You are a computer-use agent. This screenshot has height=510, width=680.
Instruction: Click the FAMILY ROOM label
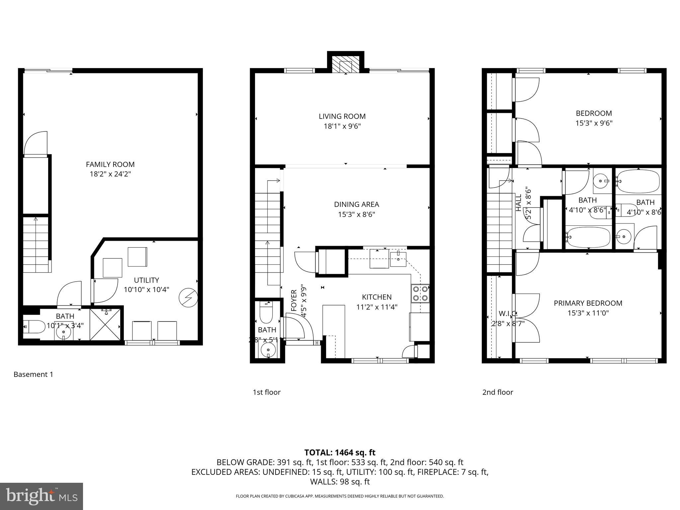pyautogui.click(x=110, y=164)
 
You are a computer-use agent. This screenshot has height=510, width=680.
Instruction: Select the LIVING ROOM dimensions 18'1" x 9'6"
pyautogui.click(x=342, y=126)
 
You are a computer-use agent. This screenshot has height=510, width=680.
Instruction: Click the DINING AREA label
pyautogui.click(x=356, y=205)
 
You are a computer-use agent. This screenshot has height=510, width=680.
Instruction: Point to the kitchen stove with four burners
pyautogui.click(x=420, y=294)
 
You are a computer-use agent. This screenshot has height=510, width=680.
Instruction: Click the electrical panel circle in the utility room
pyautogui.click(x=188, y=298)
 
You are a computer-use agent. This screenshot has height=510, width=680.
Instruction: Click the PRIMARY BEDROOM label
pyautogui.click(x=588, y=303)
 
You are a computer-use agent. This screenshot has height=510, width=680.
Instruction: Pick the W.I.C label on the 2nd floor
pyautogui.click(x=508, y=313)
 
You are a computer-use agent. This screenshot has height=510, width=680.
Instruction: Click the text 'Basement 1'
pyautogui.click(x=33, y=375)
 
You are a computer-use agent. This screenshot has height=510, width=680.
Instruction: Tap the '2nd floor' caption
pyautogui.click(x=497, y=392)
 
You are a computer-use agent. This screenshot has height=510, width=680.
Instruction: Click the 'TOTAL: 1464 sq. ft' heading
pyautogui.click(x=340, y=453)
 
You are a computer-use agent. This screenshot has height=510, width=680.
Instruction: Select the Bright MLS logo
pyautogui.click(x=42, y=496)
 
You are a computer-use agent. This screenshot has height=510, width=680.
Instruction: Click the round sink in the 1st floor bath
pyautogui.click(x=268, y=350)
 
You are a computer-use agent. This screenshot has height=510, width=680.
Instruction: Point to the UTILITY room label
pyautogui.click(x=146, y=280)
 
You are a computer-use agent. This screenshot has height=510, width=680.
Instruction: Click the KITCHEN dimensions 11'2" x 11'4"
pyautogui.click(x=377, y=307)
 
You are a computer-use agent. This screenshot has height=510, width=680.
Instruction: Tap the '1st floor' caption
pyautogui.click(x=267, y=392)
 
